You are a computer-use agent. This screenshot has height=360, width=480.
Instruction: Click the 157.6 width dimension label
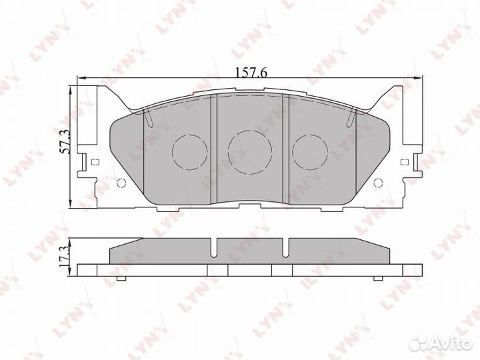[x=251, y=72]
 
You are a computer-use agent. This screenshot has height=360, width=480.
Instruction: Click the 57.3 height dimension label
[x=65, y=141]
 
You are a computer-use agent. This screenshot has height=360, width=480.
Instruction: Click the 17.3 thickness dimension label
[x=65, y=257]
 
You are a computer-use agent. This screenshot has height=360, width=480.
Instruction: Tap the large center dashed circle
[x=250, y=152]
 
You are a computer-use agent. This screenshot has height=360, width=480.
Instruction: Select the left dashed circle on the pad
[x=190, y=152]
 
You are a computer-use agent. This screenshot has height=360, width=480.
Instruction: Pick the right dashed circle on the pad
[x=310, y=152]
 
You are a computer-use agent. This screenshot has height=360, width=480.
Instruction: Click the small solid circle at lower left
[x=121, y=183]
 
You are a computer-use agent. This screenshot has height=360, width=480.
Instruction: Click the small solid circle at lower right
[x=379, y=183]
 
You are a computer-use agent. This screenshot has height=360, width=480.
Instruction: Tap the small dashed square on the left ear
[x=95, y=162]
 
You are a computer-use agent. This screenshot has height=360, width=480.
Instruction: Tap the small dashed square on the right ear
[x=405, y=162]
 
